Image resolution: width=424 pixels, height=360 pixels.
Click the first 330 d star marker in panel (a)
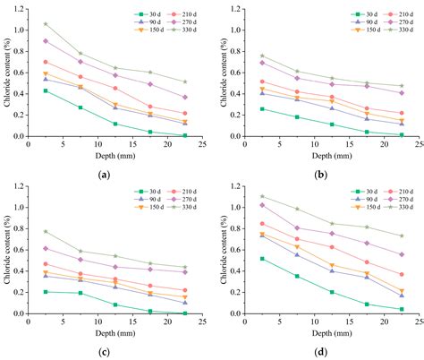(x=46, y=23)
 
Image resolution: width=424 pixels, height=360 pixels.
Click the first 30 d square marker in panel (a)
(x=46, y=90)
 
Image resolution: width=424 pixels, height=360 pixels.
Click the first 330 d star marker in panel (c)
(x=46, y=231)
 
